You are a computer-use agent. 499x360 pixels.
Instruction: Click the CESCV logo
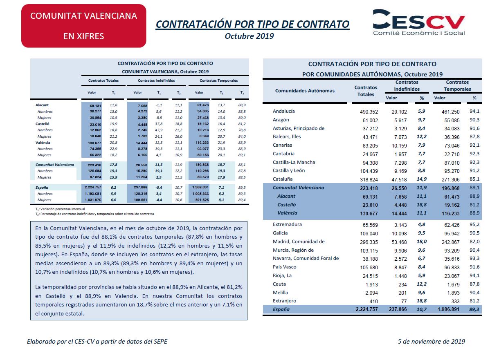(419, 22)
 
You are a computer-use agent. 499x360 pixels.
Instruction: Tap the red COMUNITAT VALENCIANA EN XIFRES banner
(84, 26)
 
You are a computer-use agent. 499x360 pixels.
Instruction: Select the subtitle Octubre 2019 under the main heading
(249, 36)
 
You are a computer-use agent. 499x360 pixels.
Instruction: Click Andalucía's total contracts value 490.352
(369, 112)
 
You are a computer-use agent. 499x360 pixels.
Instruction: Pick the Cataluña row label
(283, 179)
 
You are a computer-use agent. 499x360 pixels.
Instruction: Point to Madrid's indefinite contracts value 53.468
(399, 242)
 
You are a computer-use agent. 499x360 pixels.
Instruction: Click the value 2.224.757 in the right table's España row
(366, 309)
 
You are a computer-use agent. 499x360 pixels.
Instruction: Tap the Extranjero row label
(284, 301)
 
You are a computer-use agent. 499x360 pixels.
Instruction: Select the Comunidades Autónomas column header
(305, 91)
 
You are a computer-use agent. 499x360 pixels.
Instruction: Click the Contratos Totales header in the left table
(103, 80)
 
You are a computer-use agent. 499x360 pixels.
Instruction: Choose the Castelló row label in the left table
(42, 124)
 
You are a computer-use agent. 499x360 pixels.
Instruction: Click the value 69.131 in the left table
(95, 106)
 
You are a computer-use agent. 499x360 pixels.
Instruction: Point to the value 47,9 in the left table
(159, 130)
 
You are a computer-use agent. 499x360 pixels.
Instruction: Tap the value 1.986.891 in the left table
(200, 187)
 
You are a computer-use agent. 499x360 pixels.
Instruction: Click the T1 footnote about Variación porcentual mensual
(60, 209)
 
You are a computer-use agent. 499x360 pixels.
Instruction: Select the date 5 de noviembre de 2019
(431, 341)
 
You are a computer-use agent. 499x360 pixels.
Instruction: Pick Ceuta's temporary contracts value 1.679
(453, 284)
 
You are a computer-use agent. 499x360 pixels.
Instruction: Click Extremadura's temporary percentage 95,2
(474, 224)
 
